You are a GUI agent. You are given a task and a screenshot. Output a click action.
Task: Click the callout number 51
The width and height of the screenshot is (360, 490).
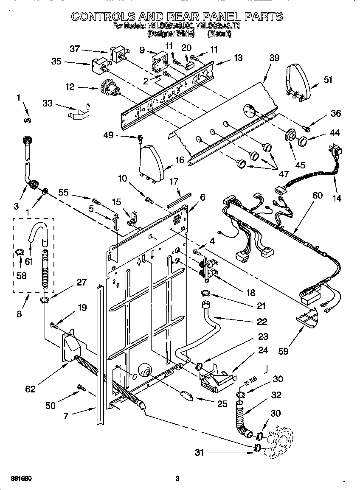328,79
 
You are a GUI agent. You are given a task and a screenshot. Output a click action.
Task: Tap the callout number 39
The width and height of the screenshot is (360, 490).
275,58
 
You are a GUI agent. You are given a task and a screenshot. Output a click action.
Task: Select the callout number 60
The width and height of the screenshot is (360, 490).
317,195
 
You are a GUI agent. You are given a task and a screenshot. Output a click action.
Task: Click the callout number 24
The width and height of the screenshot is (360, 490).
263,350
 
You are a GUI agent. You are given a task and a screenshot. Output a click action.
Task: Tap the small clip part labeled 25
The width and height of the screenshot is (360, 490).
187,396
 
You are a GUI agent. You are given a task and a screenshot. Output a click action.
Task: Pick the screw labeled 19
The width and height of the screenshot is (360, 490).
54,325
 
